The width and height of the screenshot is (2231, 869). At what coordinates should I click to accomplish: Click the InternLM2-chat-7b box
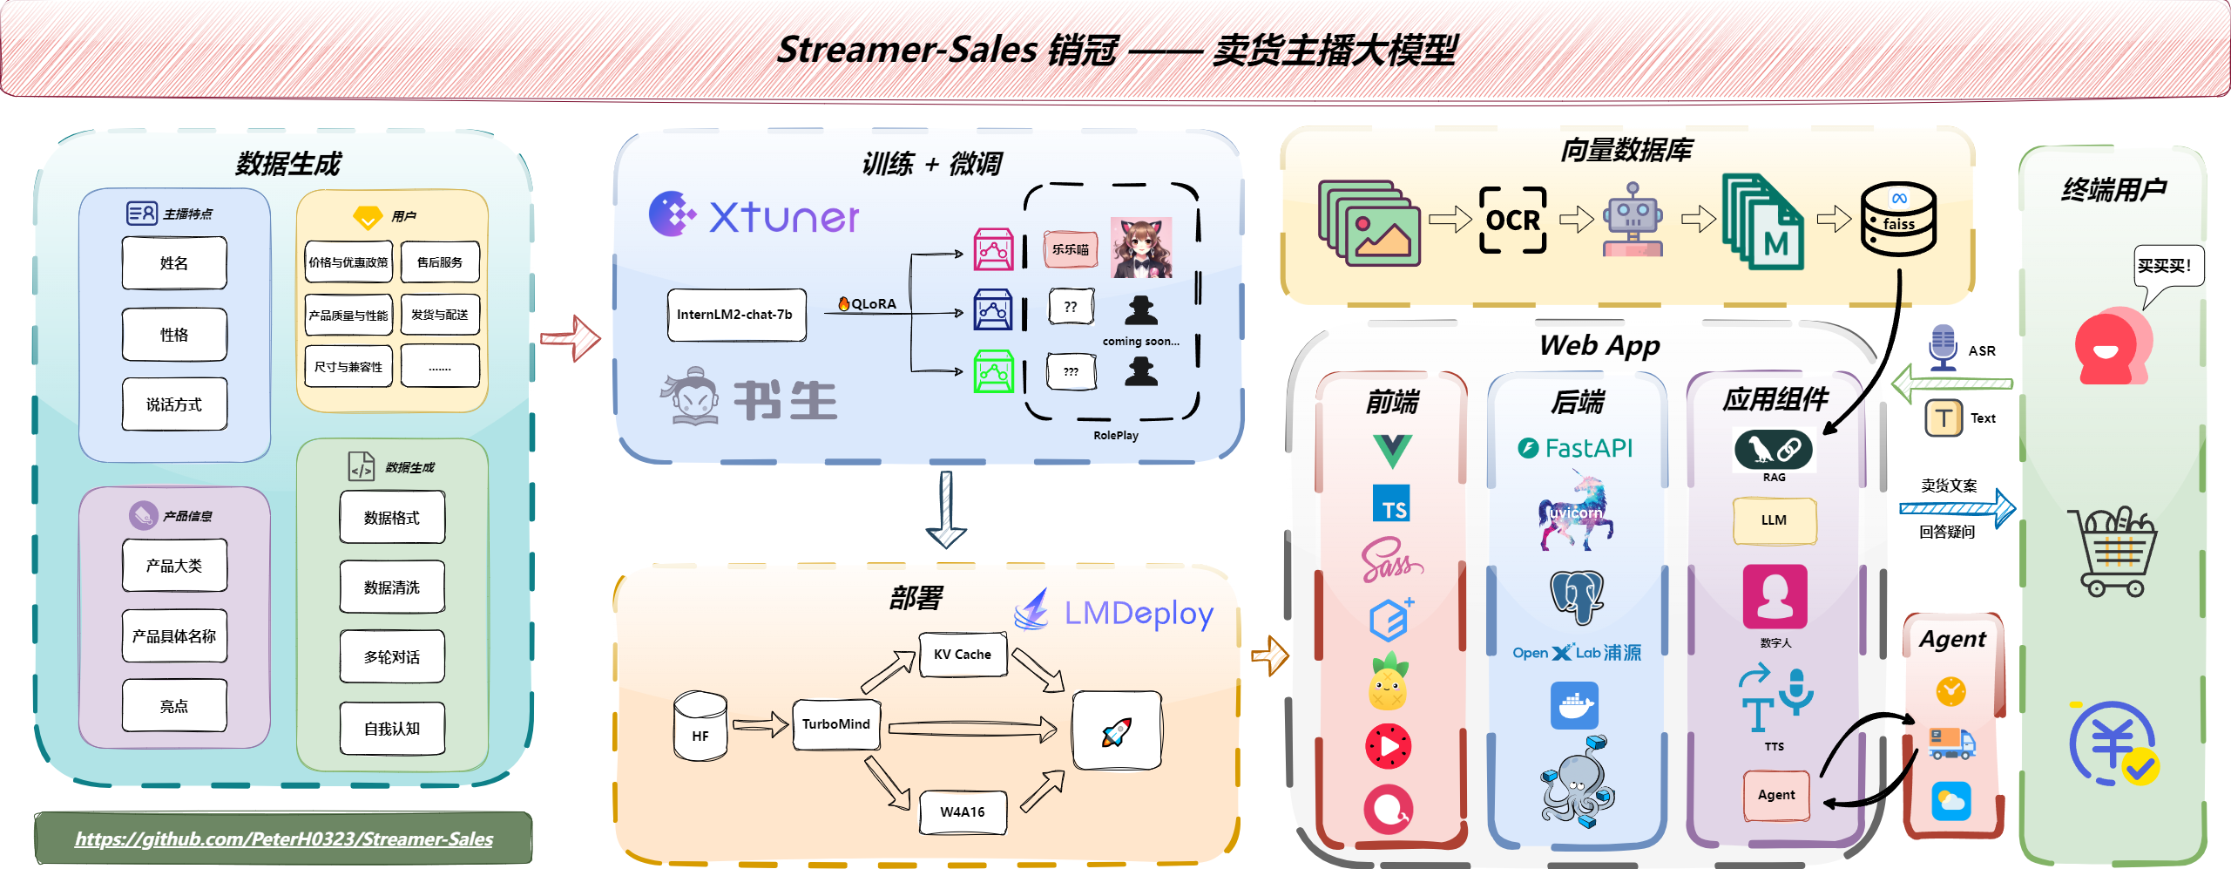coord(736,315)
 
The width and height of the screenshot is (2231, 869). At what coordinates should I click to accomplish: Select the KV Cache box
coord(963,655)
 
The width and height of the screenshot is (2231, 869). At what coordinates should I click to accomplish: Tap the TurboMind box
coord(835,724)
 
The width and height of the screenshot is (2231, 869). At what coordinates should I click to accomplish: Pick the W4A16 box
coord(963,812)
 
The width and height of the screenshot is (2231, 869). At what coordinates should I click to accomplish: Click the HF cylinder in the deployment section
coord(700,727)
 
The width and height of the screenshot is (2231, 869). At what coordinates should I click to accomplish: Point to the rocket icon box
coord(1117,731)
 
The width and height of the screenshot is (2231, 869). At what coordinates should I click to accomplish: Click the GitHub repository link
coord(284,839)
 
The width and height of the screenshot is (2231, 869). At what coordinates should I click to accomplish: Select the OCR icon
coord(1513,221)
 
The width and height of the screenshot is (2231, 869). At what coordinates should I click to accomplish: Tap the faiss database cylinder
coord(1898,220)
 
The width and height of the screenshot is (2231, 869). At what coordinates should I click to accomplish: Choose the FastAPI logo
coord(1576,448)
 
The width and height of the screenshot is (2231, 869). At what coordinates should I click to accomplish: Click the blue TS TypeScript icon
coord(1391,505)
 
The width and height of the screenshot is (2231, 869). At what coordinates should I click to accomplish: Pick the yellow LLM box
coord(1774,520)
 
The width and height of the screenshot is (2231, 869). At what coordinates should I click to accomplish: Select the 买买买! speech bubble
coord(2168,267)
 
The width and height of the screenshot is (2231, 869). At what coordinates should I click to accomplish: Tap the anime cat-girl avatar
coord(1141,248)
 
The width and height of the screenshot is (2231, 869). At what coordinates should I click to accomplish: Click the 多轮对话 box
coord(392,657)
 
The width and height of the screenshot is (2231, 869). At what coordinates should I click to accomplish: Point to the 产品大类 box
coord(174,566)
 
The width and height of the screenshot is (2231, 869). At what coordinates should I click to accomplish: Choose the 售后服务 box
coord(440,262)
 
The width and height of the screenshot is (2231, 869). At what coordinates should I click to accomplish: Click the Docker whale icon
coord(1574,705)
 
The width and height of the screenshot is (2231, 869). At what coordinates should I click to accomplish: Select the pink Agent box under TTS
coord(1776,795)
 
